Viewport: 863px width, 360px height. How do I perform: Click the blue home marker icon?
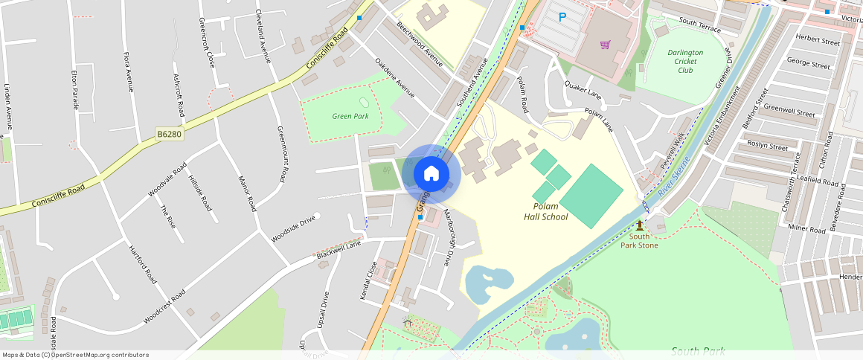click(x=431, y=174)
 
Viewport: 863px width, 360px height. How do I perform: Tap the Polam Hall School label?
click(x=551, y=212)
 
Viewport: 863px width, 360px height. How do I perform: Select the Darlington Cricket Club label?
click(x=685, y=61)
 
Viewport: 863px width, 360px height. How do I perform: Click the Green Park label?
click(x=350, y=116)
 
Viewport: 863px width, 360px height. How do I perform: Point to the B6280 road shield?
click(x=168, y=134)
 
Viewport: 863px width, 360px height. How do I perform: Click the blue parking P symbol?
click(x=562, y=17)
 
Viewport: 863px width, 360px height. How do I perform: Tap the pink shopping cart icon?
click(x=605, y=45)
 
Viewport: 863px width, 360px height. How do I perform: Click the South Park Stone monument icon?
click(x=639, y=225)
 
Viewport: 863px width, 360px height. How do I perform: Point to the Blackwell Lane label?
click(x=339, y=250)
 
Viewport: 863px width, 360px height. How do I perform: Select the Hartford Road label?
click(x=142, y=264)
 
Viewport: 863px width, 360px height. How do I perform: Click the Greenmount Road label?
click(x=283, y=153)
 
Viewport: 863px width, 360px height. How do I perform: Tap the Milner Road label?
click(x=806, y=230)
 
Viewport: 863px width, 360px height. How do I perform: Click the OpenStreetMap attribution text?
click(x=76, y=355)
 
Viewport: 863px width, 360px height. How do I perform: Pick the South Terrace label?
click(x=699, y=24)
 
